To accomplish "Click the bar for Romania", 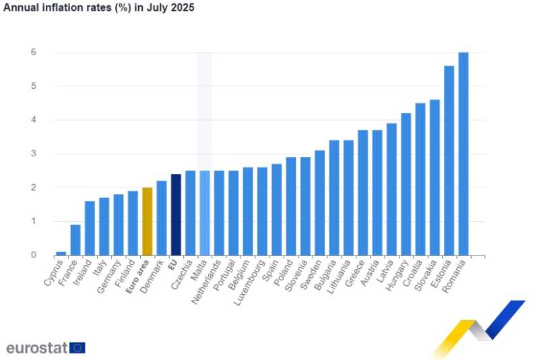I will tap(464, 154).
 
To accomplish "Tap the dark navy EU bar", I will tap(176, 214).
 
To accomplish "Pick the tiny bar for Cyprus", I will tap(61, 253).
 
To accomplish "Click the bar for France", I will tap(75, 240).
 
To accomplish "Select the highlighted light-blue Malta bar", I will tap(205, 213).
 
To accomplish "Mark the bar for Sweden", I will tap(319, 203).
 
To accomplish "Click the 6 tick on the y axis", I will tap(32, 53).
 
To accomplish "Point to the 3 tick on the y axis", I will tap(32, 154).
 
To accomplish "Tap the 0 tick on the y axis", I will tap(32, 255).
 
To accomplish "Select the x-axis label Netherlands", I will tap(207, 284).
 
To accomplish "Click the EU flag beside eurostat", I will tap(77, 348).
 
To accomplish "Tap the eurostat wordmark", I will tap(36, 348).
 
